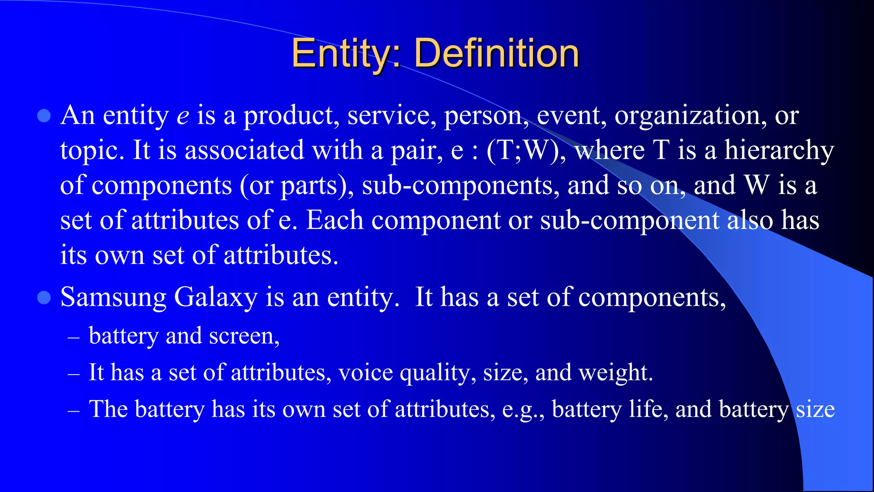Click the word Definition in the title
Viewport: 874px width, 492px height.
(x=496, y=54)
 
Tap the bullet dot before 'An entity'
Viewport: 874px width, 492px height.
(x=44, y=116)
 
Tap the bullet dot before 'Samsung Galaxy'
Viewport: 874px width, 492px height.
(x=44, y=297)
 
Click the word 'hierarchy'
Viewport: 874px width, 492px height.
(x=779, y=151)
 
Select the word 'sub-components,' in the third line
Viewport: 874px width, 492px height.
(x=460, y=186)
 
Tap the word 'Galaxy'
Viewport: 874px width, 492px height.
(x=216, y=298)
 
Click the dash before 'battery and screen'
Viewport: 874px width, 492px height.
(x=74, y=337)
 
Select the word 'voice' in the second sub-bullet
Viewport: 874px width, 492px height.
(x=365, y=373)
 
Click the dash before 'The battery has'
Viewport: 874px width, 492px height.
(x=74, y=410)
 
